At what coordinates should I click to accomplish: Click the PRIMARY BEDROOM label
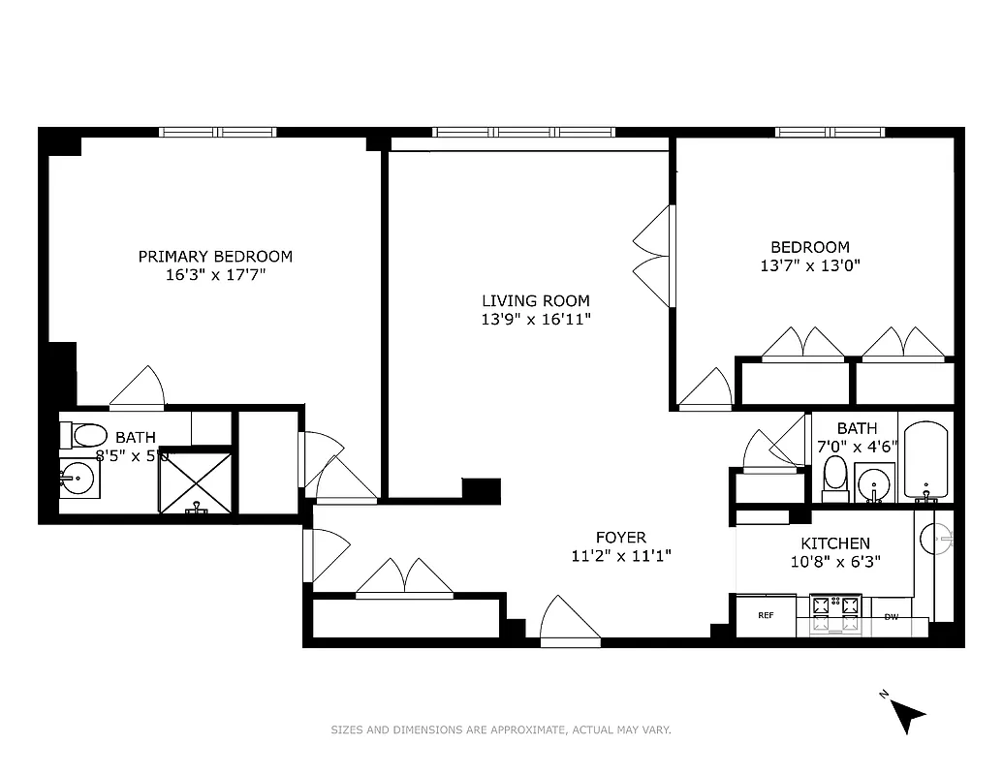[x=214, y=257]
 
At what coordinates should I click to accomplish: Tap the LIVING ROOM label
[x=535, y=301]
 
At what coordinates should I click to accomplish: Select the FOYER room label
[x=620, y=538]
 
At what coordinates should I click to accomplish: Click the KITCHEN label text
[x=834, y=543]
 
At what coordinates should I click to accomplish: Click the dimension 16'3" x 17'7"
[x=214, y=275]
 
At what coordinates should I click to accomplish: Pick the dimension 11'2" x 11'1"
[x=620, y=556]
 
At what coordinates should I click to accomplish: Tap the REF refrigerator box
[x=766, y=615]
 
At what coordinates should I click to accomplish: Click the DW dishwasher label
[x=891, y=616]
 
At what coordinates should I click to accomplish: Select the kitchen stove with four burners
[x=835, y=614]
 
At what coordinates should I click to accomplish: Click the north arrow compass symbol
[x=908, y=715]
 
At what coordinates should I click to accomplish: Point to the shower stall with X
[x=196, y=480]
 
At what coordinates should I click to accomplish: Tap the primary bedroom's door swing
[x=139, y=389]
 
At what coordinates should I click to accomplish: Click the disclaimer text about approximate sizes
[x=501, y=730]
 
